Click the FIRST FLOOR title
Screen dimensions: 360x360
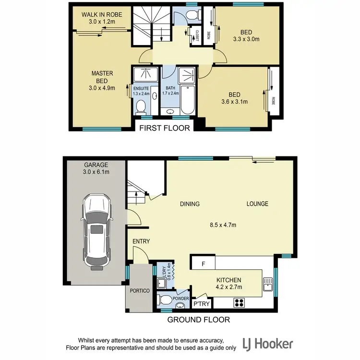(165, 128)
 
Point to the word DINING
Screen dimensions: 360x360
(190, 204)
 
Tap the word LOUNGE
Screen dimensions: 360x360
(257, 204)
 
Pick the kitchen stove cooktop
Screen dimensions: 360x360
(239, 302)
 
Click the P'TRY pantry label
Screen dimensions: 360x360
(200, 304)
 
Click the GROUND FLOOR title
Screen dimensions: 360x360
(198, 319)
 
